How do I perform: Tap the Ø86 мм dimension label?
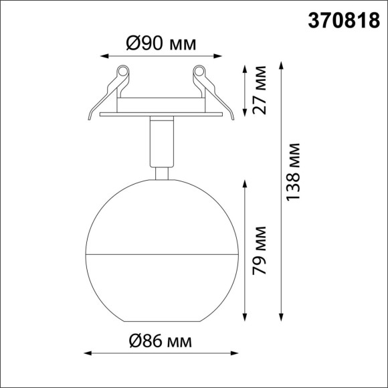[161, 341]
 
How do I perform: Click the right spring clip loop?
[199, 71]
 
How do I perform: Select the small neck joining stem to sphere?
[161, 173]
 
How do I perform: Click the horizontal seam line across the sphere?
[161, 255]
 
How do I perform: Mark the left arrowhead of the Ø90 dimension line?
[102, 57]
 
